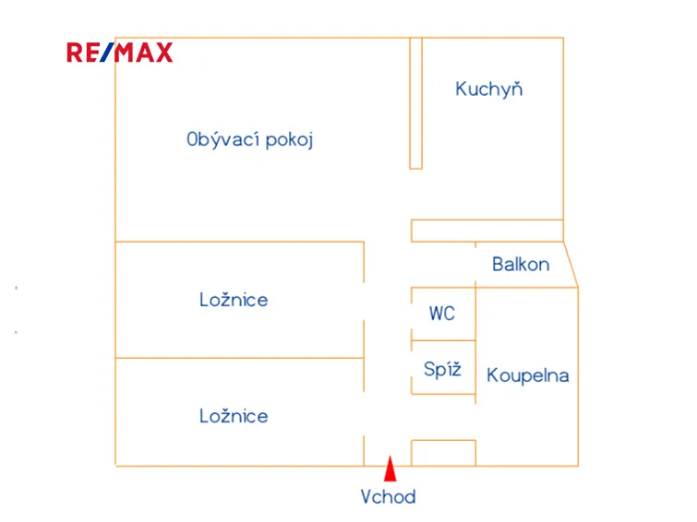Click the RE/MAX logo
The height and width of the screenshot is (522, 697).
pyautogui.click(x=120, y=52)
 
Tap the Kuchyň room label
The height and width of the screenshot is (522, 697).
pyautogui.click(x=489, y=89)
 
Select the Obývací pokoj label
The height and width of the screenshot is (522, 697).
pyautogui.click(x=250, y=140)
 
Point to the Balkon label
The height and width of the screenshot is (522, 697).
pyautogui.click(x=521, y=264)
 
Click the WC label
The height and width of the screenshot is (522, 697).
pyautogui.click(x=442, y=314)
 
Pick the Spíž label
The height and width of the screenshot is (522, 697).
pyautogui.click(x=442, y=370)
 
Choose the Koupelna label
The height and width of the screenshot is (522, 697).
pyautogui.click(x=527, y=375)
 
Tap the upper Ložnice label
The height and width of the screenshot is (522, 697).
pyautogui.click(x=234, y=300)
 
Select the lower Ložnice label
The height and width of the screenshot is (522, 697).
pyautogui.click(x=234, y=416)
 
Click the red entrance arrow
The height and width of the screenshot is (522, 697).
pyautogui.click(x=391, y=469)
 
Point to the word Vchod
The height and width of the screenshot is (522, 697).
pyautogui.click(x=388, y=497)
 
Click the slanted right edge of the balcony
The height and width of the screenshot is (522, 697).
pyautogui.click(x=571, y=265)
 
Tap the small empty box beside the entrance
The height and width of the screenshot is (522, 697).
pyautogui.click(x=443, y=453)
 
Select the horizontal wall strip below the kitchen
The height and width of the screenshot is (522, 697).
pyautogui.click(x=487, y=231)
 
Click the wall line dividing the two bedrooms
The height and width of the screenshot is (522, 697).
pyautogui.click(x=238, y=357)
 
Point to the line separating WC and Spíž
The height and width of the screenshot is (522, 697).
pyautogui.click(x=443, y=342)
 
